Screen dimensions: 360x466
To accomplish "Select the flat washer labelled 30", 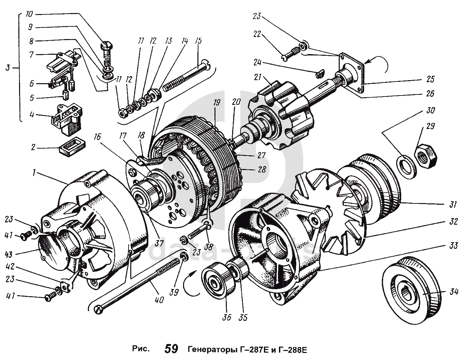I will [x=406, y=164].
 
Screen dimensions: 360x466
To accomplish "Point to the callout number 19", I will [x=217, y=103].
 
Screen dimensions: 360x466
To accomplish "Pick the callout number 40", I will [x=159, y=300].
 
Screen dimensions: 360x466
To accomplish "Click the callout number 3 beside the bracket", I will [x=8, y=68].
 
